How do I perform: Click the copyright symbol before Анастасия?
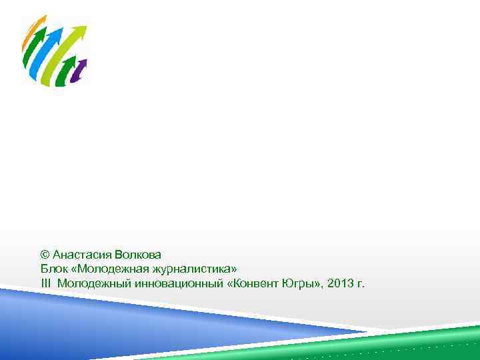coord(45,255)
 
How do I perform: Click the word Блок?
coord(53,269)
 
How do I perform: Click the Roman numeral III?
coord(45,283)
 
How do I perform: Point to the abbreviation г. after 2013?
coord(361,284)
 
